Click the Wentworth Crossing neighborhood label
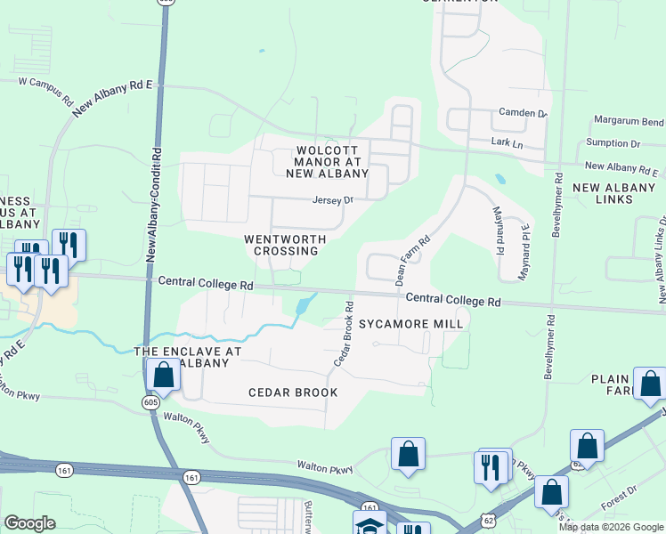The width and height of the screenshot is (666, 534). [x=285, y=245]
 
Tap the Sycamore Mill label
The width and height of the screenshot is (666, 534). [x=410, y=324]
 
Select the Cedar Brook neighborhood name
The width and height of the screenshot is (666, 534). [x=293, y=392]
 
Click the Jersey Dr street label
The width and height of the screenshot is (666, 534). [x=333, y=200]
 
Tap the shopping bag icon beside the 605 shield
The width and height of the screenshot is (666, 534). [x=164, y=376]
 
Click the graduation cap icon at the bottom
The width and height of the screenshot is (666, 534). [x=370, y=526]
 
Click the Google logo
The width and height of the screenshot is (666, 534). [x=29, y=523]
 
